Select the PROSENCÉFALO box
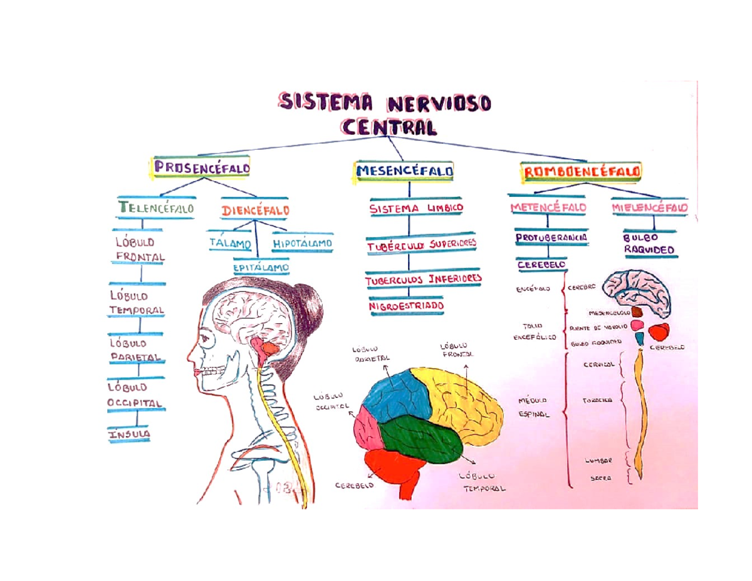pyautogui.click(x=201, y=168)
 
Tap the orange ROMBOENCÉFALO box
pyautogui.click(x=581, y=170)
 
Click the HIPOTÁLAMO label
pyautogui.click(x=303, y=243)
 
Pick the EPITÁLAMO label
pyautogui.click(x=261, y=268)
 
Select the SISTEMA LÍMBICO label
pyautogui.click(x=416, y=208)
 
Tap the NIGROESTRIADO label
pyautogui.click(x=406, y=305)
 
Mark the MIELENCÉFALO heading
pyautogui.click(x=649, y=207)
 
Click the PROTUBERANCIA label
pyautogui.click(x=551, y=238)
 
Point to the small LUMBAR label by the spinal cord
pyautogui.click(x=599, y=460)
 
